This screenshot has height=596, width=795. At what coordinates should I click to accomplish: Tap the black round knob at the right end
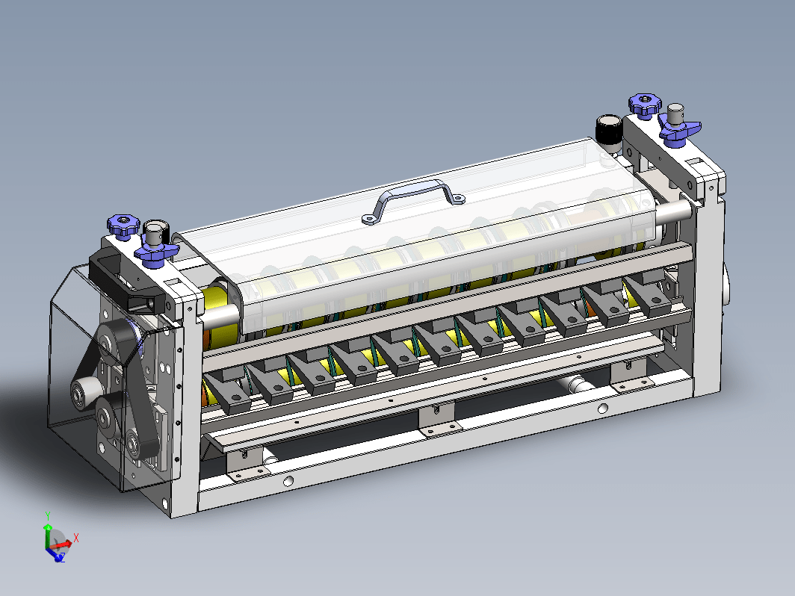[609, 128]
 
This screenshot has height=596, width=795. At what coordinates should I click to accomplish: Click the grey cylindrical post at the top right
[675, 115]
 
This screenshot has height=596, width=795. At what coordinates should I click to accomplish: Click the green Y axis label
[48, 516]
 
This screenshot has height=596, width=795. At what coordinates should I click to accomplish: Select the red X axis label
[76, 538]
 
